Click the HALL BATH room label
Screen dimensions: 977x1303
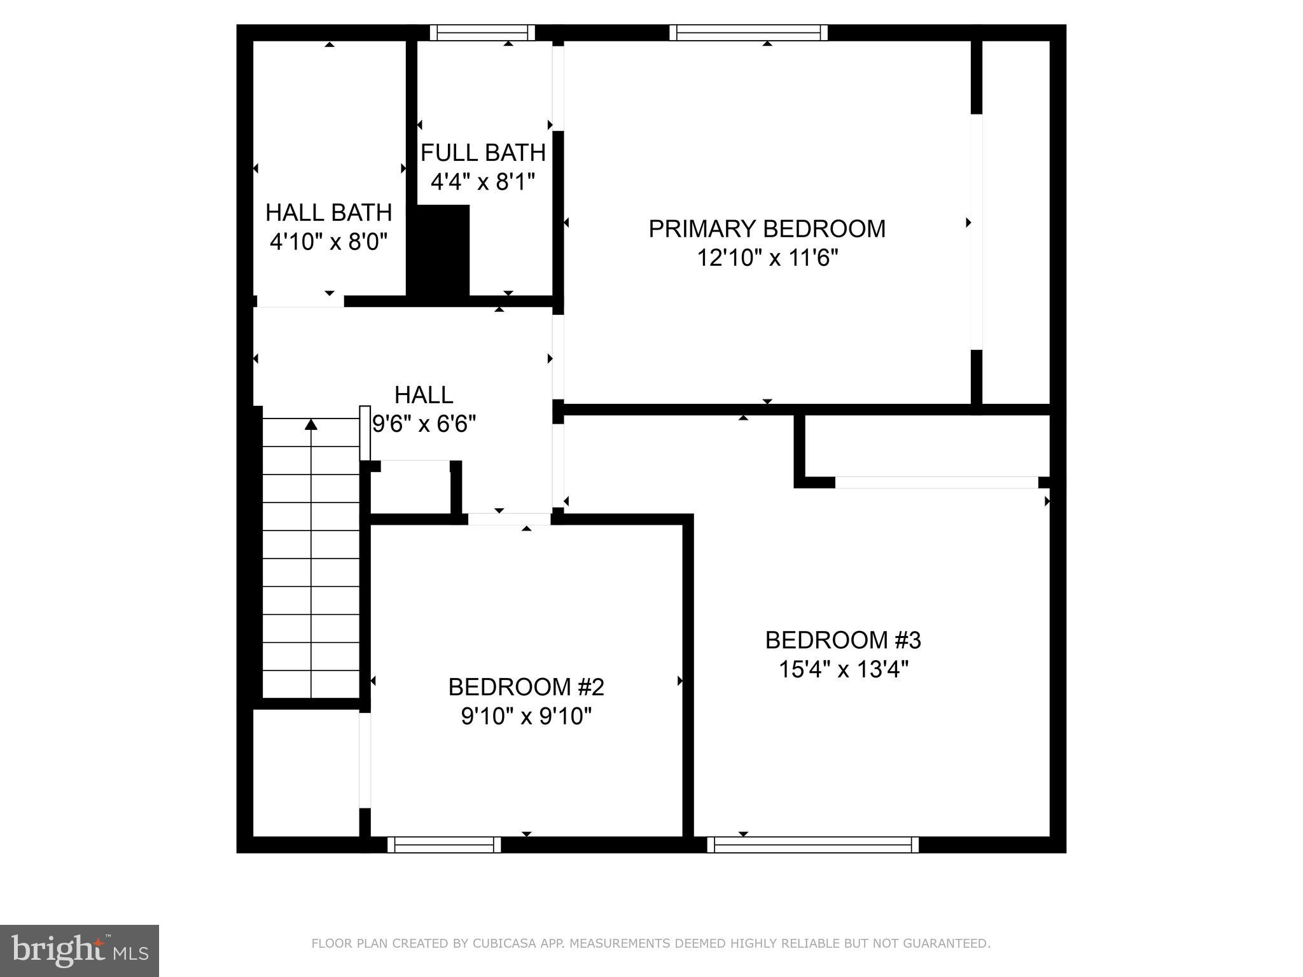(x=328, y=212)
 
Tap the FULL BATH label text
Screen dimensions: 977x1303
(x=483, y=153)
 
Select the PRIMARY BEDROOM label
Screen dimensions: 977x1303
(x=767, y=229)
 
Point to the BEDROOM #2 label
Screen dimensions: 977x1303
(x=526, y=687)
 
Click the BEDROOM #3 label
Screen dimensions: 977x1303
(x=843, y=640)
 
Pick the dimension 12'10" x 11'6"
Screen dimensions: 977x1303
(x=767, y=258)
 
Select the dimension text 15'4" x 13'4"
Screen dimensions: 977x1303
(x=844, y=670)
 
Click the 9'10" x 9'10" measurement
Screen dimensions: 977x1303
(x=526, y=717)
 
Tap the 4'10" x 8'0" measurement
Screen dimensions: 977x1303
(x=329, y=242)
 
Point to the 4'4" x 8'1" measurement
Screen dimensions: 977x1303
(x=483, y=183)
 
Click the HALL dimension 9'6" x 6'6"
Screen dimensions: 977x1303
(x=424, y=424)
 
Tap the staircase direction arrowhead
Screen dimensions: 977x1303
(x=311, y=424)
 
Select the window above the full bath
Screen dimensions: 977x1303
(x=482, y=32)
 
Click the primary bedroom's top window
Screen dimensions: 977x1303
(x=748, y=32)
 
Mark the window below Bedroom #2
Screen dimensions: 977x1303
(x=444, y=845)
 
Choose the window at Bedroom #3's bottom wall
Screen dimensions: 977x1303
(x=812, y=845)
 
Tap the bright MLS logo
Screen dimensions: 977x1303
(x=80, y=951)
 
